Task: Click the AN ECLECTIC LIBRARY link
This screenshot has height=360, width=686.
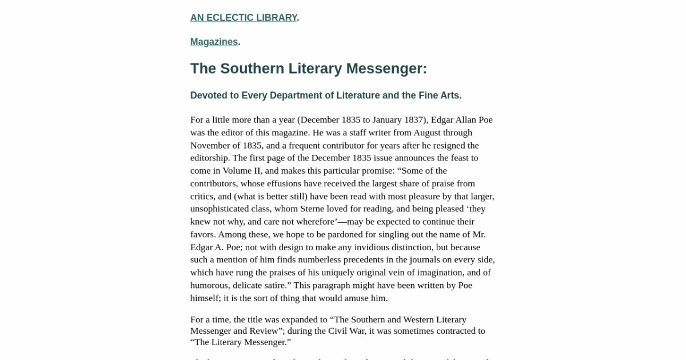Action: pyautogui.click(x=244, y=18)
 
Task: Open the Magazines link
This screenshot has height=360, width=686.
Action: pyautogui.click(x=214, y=42)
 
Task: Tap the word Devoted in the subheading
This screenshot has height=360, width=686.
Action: pyautogui.click(x=208, y=95)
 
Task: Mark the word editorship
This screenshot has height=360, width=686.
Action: pyautogui.click(x=209, y=158)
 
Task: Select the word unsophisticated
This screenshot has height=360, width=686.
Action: pyautogui.click(x=224, y=209)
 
